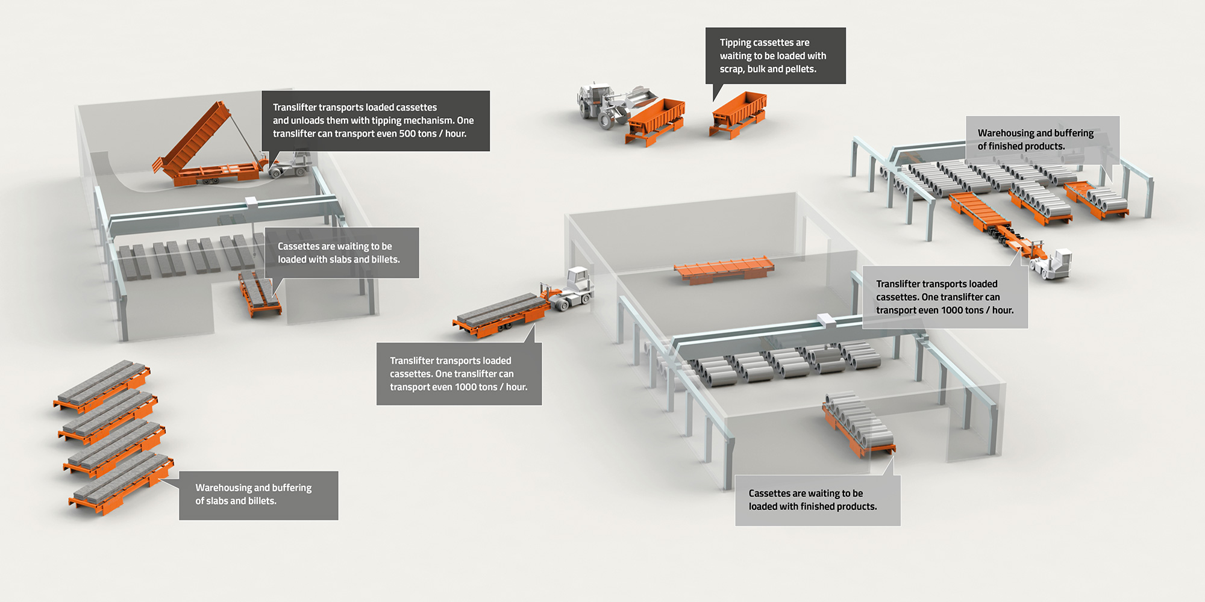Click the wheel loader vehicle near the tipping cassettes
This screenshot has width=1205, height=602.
(x=602, y=105)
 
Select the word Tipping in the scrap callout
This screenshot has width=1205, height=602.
(x=735, y=43)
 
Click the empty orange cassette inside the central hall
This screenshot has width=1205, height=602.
(x=723, y=269)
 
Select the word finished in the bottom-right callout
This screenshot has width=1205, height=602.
(x=820, y=507)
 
